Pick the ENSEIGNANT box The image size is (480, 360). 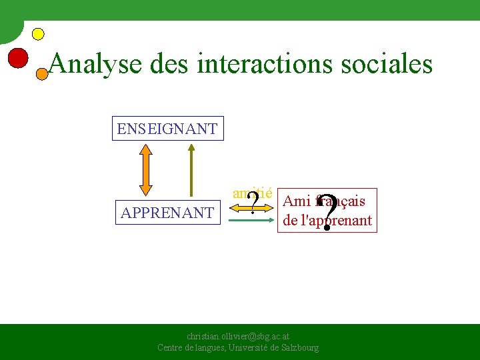tap(167, 129)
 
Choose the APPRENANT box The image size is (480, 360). tap(167, 213)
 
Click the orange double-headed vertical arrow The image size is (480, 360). tap(145, 171)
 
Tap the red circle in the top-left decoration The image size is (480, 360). tap(18, 58)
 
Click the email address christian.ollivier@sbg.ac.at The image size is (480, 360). tap(237, 337)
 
